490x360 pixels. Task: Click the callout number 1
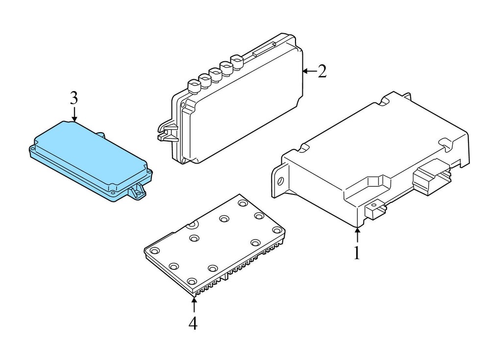tap(357, 253)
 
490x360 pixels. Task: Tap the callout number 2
tap(322, 71)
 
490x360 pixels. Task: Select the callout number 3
tap(74, 98)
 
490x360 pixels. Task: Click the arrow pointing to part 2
tap(309, 72)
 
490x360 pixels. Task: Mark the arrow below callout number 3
tap(74, 114)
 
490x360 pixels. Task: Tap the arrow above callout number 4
tap(194, 305)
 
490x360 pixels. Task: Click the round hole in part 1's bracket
tap(280, 181)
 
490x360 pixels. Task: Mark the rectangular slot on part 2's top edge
tap(264, 49)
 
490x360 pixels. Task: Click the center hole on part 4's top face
tap(224, 219)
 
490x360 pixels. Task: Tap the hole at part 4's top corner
tap(243, 203)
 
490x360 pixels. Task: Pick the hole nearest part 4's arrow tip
tap(192, 281)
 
